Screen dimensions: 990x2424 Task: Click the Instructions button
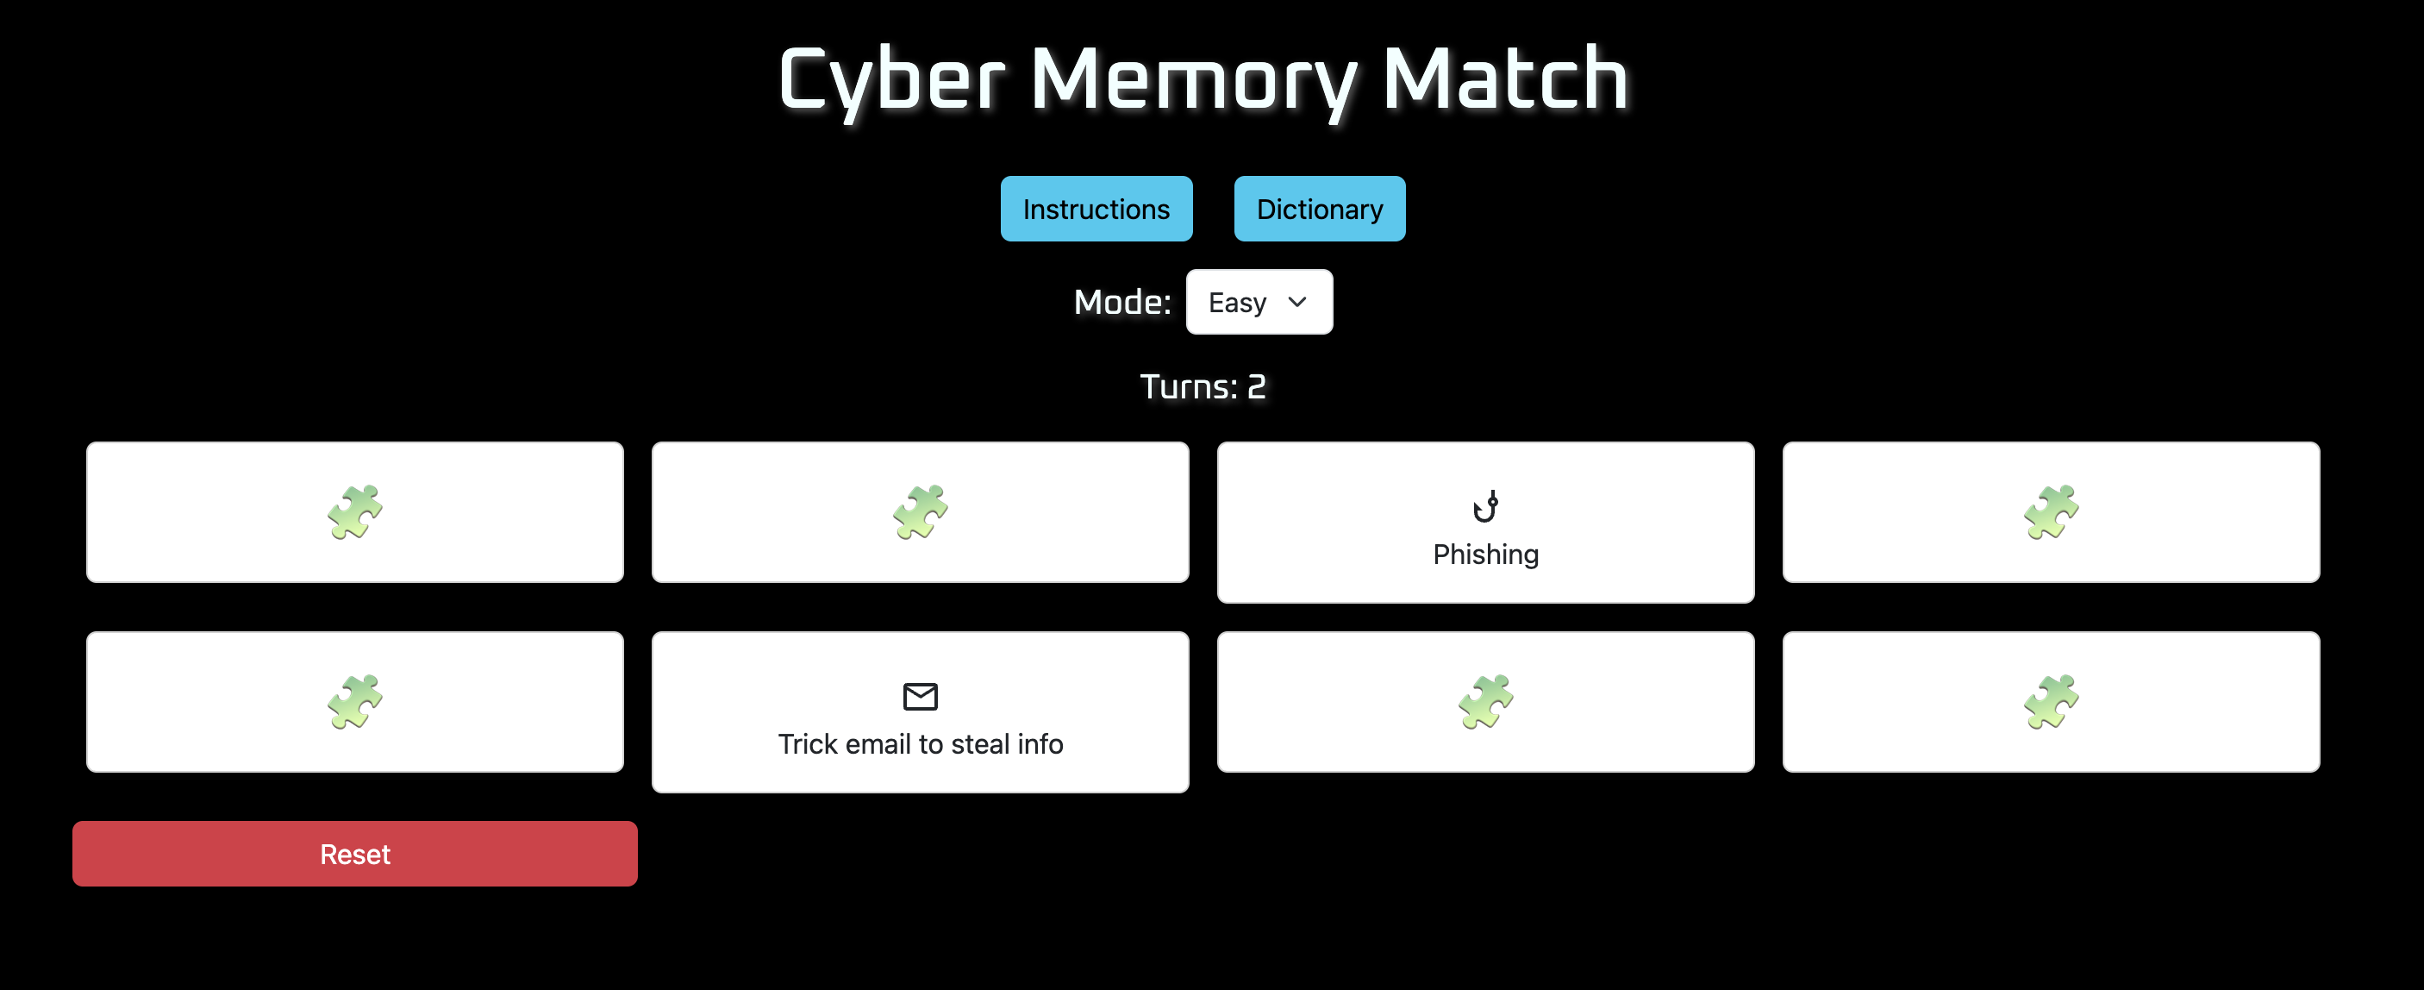1096,209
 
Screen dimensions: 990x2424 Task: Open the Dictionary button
1318,209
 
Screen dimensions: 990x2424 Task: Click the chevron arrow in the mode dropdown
1296,302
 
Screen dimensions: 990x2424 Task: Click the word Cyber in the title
891,81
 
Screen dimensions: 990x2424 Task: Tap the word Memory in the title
1192,81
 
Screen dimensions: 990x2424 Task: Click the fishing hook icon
1485,506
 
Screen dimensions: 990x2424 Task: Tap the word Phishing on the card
1485,555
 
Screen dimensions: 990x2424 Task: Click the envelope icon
920,697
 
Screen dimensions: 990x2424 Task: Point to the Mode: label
1121,302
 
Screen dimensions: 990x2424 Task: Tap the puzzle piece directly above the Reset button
355,701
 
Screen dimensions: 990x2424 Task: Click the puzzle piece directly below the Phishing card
1485,701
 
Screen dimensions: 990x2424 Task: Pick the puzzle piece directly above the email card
920,512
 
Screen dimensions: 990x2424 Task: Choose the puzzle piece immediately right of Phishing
2051,512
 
